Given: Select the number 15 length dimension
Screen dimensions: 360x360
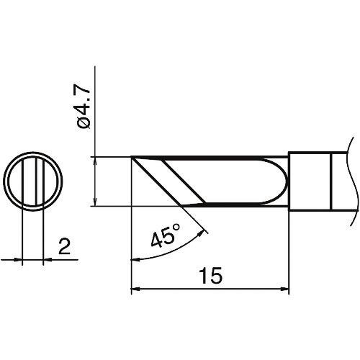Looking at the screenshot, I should [x=210, y=275].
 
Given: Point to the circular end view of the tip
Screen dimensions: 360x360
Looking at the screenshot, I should [x=33, y=180].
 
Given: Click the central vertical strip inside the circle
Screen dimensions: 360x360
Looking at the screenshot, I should [x=33, y=180].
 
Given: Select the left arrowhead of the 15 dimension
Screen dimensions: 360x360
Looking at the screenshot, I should [x=135, y=291].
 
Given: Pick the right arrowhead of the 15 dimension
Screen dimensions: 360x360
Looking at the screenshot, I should [x=284, y=291].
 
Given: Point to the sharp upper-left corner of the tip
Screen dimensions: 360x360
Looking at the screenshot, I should [x=132, y=157].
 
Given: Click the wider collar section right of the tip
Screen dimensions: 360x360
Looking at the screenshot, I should [x=310, y=180].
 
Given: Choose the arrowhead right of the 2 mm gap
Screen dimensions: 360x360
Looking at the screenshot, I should [x=48, y=259].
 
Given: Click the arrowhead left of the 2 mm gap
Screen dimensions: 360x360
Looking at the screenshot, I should [x=19, y=259].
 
